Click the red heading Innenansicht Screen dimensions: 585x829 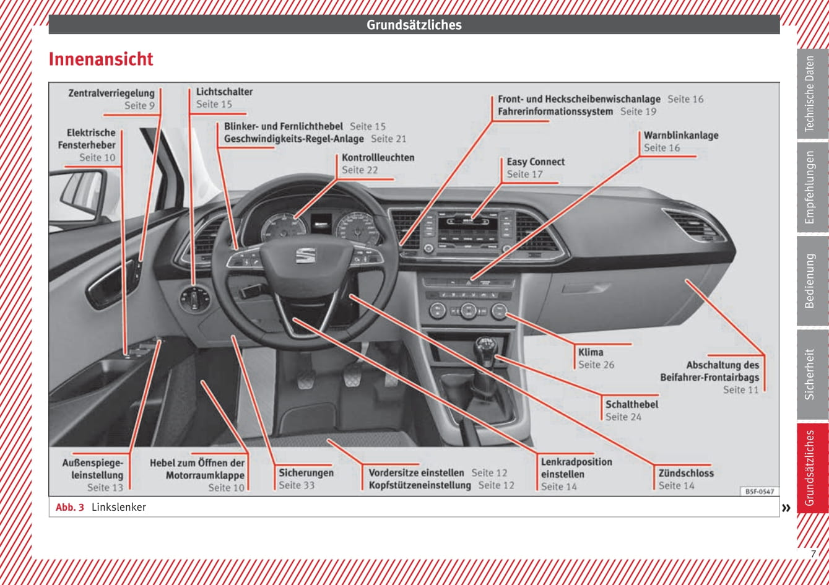point(101,59)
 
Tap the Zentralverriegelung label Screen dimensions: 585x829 point(111,93)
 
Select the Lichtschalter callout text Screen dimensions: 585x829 point(224,92)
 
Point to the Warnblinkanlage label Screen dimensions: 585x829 point(680,136)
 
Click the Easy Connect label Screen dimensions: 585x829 point(536,162)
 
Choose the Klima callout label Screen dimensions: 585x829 point(591,352)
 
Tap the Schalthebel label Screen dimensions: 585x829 point(632,404)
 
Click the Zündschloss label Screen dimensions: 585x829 point(686,473)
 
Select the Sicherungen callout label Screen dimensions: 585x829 point(306,473)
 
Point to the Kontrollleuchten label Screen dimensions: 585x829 point(378,158)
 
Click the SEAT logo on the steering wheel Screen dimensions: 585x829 point(305,255)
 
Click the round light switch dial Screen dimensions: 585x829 point(194,300)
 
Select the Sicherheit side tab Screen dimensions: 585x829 point(810,374)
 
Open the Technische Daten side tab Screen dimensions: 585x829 point(810,94)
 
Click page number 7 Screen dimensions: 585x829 point(814,554)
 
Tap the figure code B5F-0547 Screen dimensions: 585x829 point(759,492)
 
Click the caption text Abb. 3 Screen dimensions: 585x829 point(69,508)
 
